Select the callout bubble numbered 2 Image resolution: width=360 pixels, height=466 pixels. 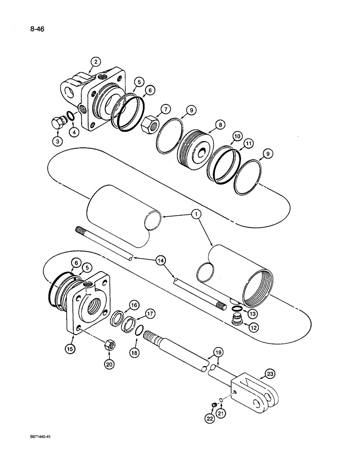pos(95,62)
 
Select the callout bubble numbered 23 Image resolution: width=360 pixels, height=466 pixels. pos(270,373)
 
